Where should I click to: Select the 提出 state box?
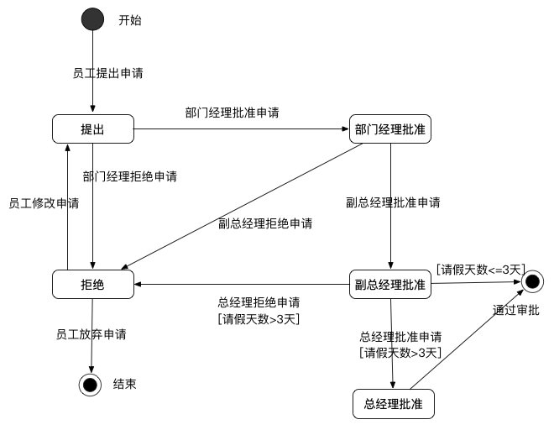point(92,129)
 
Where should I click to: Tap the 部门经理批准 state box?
point(389,129)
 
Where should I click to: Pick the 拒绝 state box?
point(92,285)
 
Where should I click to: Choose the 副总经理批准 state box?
point(389,285)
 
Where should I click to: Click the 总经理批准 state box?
point(394,404)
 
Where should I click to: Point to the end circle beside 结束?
point(91,385)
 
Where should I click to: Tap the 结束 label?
point(125,385)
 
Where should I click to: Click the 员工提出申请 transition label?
point(108,73)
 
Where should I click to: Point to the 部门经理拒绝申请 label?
point(130,176)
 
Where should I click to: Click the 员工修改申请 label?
point(44,203)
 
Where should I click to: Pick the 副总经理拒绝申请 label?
point(265,223)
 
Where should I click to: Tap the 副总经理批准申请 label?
point(394,202)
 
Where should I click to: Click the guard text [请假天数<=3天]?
point(481,269)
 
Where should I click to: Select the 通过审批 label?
point(516,310)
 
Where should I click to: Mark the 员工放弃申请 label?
point(91,333)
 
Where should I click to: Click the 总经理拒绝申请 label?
point(259,302)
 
